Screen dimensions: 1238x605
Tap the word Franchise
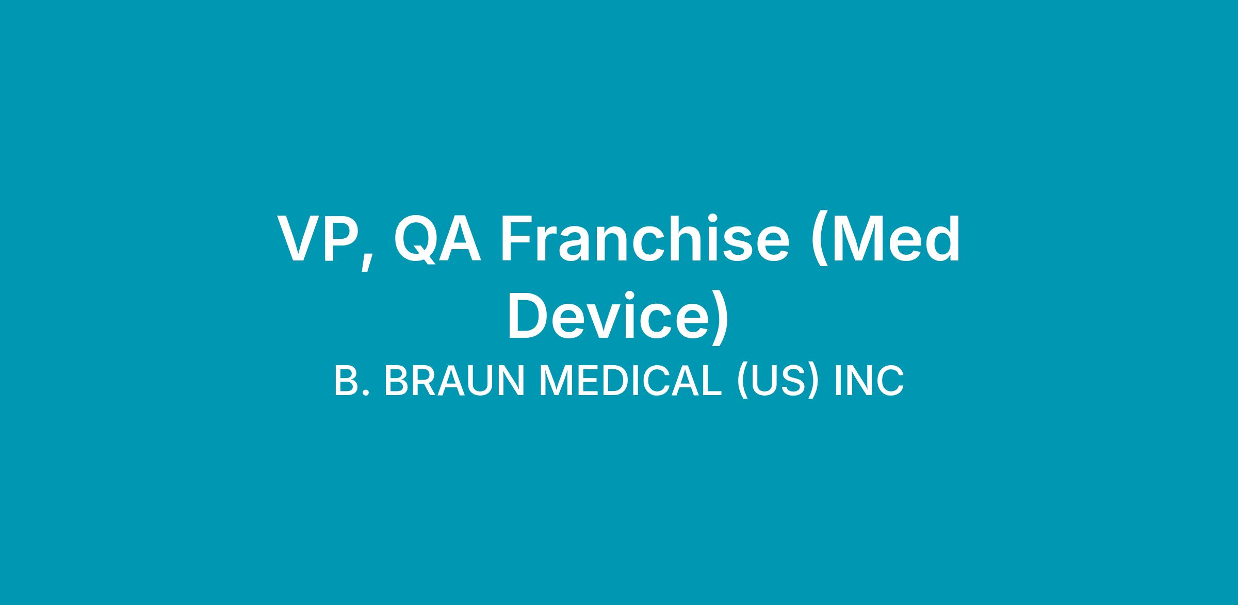tap(645, 238)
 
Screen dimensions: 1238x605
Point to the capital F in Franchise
tap(518, 239)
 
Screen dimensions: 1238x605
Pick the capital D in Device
tap(529, 316)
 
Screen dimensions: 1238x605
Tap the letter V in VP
tap(300, 239)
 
